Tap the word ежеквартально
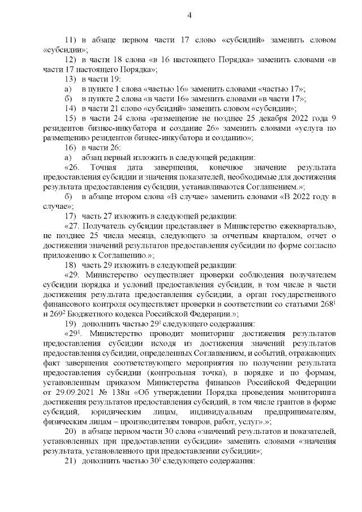click(x=306, y=225)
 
